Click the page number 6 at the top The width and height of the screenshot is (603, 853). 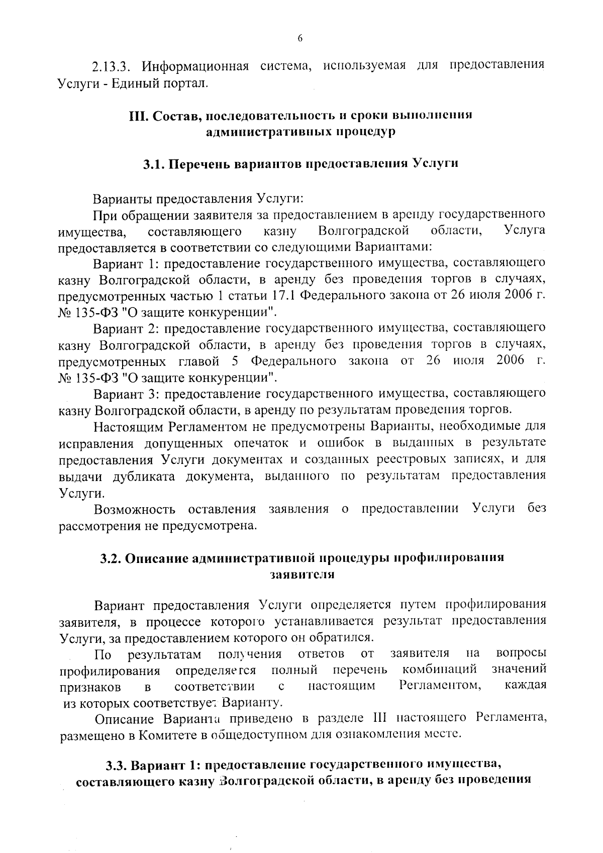click(300, 39)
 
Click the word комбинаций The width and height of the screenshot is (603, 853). click(440, 670)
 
